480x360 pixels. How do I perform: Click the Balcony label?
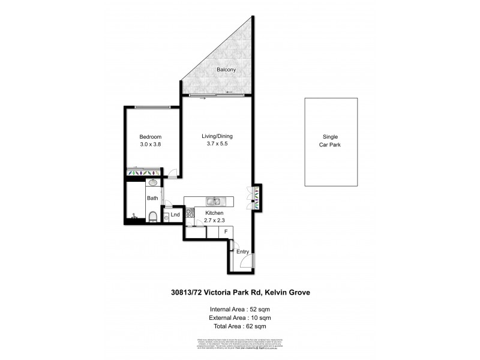tap(226, 70)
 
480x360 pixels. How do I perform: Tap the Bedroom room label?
tap(151, 137)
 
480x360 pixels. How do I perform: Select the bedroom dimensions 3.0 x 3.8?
tap(151, 145)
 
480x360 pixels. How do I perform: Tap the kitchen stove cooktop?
tap(190, 212)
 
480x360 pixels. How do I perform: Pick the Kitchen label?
tap(214, 214)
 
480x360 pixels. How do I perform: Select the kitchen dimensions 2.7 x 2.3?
tap(214, 221)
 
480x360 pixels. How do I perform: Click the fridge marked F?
tap(226, 232)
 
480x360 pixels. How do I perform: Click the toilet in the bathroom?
tap(153, 217)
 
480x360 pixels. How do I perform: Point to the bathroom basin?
tap(152, 183)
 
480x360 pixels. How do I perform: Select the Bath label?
tap(152, 198)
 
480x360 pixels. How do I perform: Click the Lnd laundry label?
tap(175, 215)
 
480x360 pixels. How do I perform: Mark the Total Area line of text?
tap(239, 326)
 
